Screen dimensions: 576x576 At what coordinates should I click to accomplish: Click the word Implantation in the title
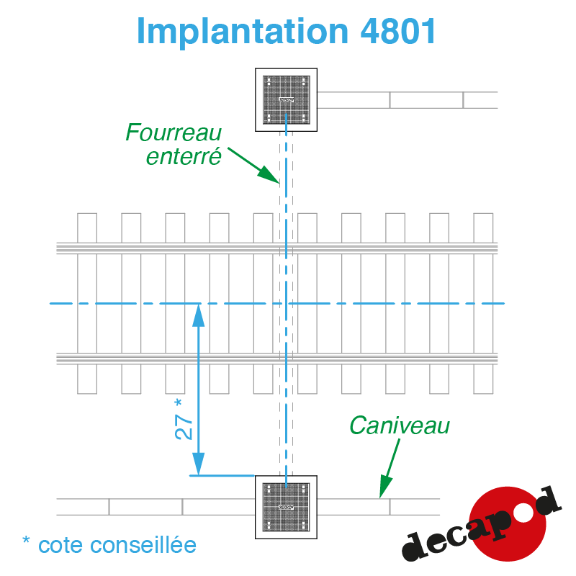pos(242,32)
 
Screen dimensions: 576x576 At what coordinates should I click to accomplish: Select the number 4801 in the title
pos(398,31)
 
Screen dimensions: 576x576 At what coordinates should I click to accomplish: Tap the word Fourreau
pos(174,132)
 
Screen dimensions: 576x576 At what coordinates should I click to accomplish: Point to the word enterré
pos(184,156)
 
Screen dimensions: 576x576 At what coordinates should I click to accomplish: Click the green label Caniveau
pos(400,426)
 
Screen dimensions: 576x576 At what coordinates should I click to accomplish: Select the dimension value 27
pos(184,427)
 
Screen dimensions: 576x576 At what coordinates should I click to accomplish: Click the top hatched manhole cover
pos(286,100)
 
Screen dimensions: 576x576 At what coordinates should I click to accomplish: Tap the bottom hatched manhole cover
pos(286,508)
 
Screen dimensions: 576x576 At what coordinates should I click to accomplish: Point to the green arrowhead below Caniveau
pos(385,487)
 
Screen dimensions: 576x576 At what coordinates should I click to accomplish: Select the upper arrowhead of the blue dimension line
pos(199,315)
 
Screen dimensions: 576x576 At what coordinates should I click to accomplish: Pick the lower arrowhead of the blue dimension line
pos(199,464)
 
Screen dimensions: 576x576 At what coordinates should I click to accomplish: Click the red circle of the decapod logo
pos(508,523)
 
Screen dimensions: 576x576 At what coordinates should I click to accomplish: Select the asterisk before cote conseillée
pos(26,539)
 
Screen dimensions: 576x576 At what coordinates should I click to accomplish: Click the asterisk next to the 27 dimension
pos(178,403)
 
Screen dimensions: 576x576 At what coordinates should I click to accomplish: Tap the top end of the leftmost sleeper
pos(87,213)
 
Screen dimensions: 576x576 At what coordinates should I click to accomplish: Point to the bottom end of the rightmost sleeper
pos(483,393)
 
